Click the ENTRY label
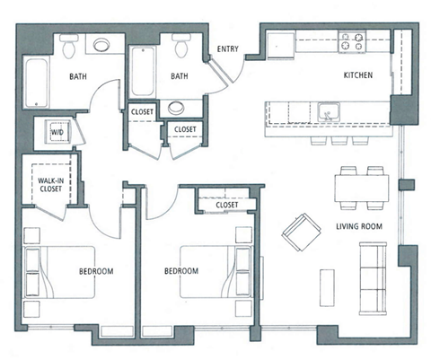[x=227, y=48]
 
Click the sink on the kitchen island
[x=328, y=112]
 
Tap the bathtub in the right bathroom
[x=141, y=71]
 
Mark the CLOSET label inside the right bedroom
[x=227, y=206]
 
